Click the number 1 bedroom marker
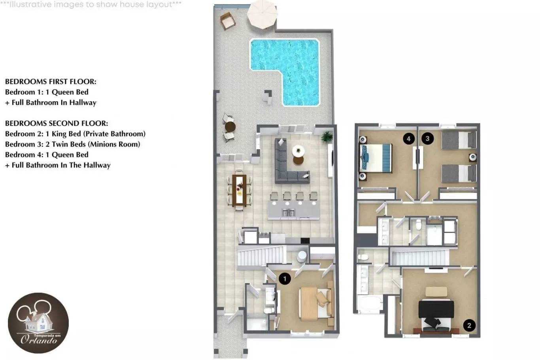285,279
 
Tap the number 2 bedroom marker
469,326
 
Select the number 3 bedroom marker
427,139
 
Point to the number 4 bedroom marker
409,139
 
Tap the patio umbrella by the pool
262,14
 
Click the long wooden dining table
239,190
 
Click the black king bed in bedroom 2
436,311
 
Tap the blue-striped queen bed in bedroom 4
376,158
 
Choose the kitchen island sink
288,213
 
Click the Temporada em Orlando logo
38,323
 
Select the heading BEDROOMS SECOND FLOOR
57,123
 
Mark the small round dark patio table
230,127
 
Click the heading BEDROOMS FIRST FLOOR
51,82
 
